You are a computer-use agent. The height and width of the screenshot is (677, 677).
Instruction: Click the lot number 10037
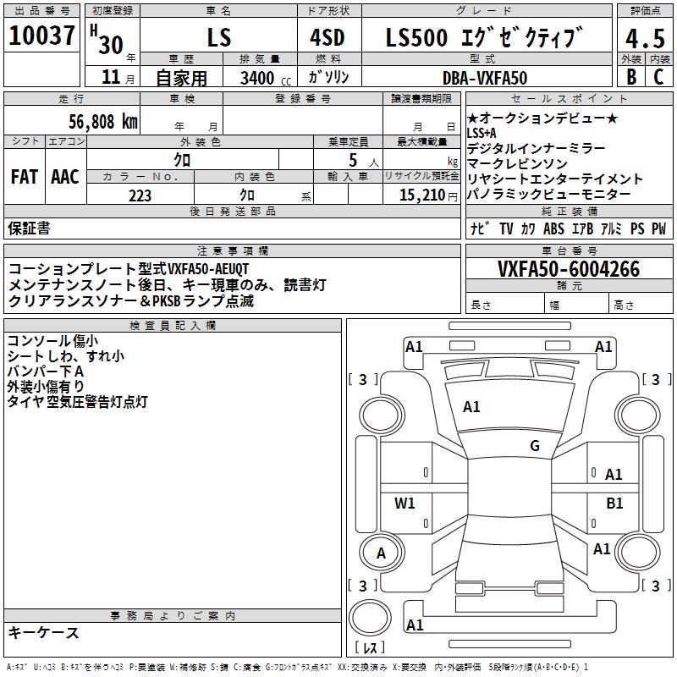(x=41, y=36)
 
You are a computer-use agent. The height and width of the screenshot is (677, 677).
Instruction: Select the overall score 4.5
(x=645, y=38)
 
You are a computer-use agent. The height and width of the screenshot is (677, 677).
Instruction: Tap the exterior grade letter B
(x=631, y=77)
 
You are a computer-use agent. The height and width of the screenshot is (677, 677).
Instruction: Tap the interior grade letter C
(x=658, y=77)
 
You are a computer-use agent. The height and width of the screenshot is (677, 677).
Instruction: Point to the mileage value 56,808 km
(x=103, y=122)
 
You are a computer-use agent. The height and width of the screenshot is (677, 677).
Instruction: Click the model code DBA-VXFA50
(x=485, y=78)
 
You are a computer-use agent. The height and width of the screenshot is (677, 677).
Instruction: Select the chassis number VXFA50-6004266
(x=569, y=269)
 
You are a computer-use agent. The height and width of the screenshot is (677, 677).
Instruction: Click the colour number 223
(x=140, y=195)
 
